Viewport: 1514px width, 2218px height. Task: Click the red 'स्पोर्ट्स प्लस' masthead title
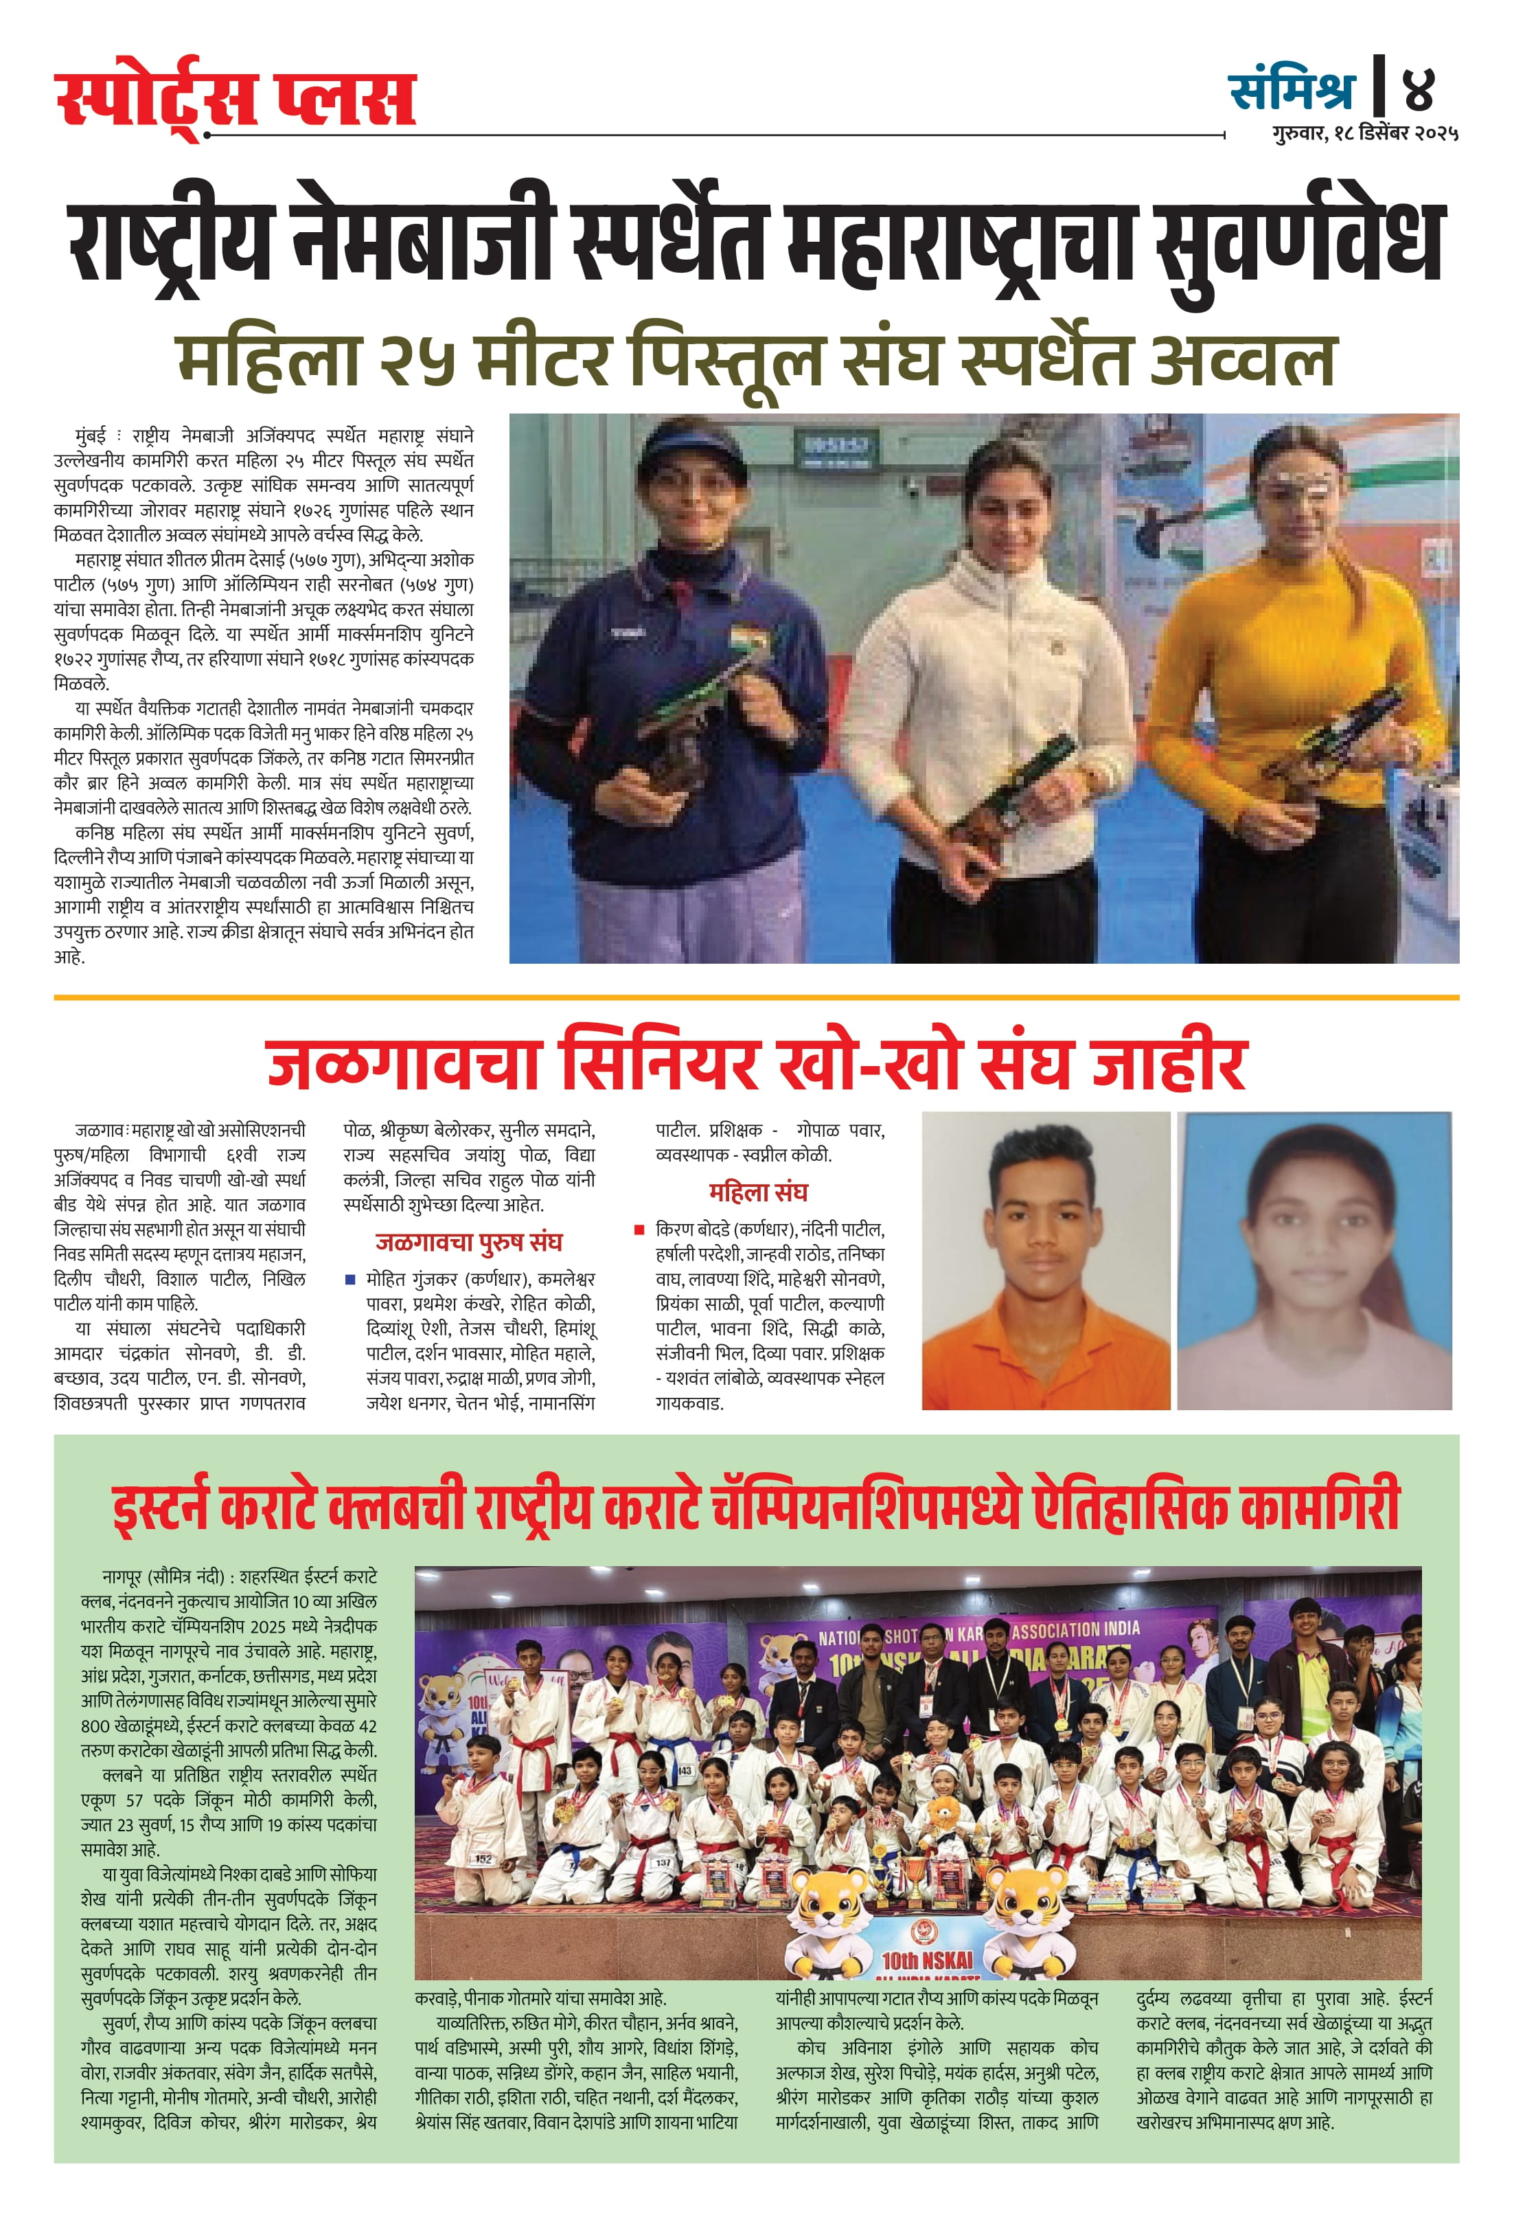tap(236, 99)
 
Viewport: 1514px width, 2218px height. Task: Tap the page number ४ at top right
tap(1419, 89)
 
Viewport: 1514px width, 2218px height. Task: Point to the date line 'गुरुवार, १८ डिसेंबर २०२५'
tap(1364, 135)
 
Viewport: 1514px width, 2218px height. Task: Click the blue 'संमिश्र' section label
tap(1292, 90)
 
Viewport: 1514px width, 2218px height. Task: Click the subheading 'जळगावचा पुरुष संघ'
tap(468, 1242)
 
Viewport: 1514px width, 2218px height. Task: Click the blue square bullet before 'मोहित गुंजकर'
tap(350, 1280)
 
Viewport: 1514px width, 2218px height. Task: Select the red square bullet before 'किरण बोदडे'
tap(639, 1230)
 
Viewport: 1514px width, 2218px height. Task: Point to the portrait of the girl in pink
tap(1313, 1260)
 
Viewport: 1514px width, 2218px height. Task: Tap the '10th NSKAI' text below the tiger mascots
tap(926, 1960)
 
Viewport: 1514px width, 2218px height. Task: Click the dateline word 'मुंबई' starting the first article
tap(91, 437)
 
